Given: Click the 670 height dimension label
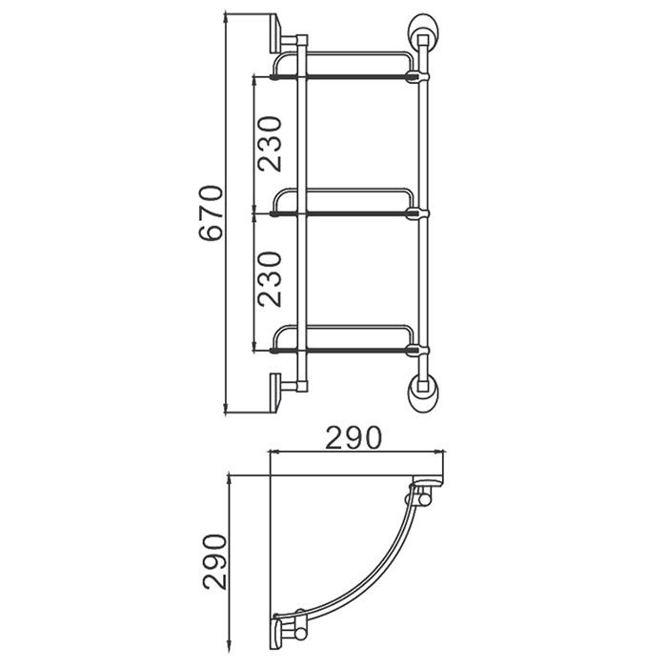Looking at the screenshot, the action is [211, 212].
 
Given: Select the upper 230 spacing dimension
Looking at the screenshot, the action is [270, 144].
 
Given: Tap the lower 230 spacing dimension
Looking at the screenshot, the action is [270, 279].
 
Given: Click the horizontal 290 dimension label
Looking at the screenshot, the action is [354, 437].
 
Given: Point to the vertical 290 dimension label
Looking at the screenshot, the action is [214, 561].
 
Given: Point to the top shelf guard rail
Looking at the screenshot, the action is [343, 54].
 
